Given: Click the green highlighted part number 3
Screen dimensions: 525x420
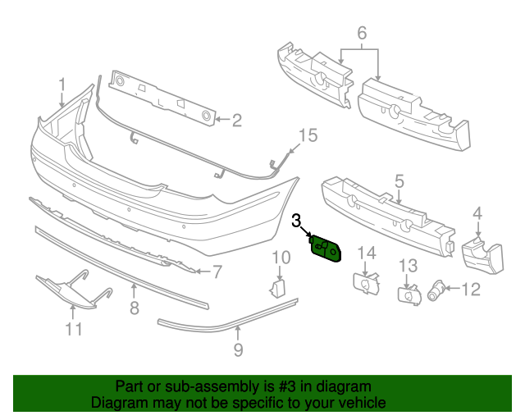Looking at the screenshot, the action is pos(326,249).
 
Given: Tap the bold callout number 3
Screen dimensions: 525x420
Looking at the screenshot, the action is pos(296,221).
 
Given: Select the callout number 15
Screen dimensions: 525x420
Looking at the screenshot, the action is pos(308,135).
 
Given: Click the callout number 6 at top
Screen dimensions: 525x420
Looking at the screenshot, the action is pos(362,33).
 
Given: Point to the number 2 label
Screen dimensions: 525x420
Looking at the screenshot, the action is pos(237,121).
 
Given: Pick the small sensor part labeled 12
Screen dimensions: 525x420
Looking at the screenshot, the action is pos(436,290).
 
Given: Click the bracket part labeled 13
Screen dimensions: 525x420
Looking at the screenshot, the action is pos(409,295).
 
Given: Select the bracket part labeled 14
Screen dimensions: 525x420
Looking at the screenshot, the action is pos(367,284).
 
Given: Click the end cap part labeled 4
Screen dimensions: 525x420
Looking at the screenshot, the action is pos(482,255).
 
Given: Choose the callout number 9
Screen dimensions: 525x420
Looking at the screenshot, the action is pos(238,350).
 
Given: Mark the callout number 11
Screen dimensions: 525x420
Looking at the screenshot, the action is pos(74,329).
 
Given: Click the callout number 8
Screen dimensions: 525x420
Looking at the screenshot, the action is pos(135,308).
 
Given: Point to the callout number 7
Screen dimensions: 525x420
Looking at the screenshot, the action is pos(217,272).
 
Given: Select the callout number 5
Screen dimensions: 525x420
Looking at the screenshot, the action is pos(399,181).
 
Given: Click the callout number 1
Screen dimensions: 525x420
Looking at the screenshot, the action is pos(62,85).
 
